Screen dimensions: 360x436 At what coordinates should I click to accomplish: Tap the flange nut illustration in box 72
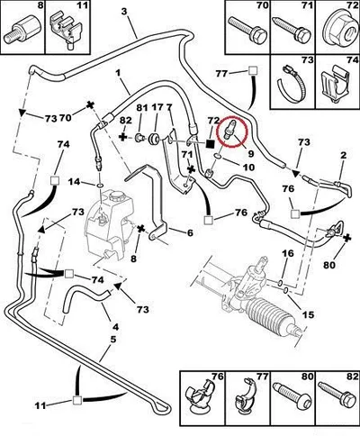click(337, 31)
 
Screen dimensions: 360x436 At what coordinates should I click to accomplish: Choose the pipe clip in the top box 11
click(67, 30)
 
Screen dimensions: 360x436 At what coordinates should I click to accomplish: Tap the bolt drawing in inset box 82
click(337, 394)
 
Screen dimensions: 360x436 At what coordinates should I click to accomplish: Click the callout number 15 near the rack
click(308, 314)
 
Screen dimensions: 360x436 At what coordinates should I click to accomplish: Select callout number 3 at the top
click(124, 12)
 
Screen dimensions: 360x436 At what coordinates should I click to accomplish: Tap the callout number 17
click(157, 107)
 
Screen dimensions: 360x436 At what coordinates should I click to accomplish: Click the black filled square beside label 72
click(211, 143)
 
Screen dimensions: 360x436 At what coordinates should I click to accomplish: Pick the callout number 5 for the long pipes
click(112, 340)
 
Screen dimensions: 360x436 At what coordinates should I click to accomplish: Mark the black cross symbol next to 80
click(347, 238)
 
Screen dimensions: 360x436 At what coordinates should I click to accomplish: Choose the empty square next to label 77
click(253, 71)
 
